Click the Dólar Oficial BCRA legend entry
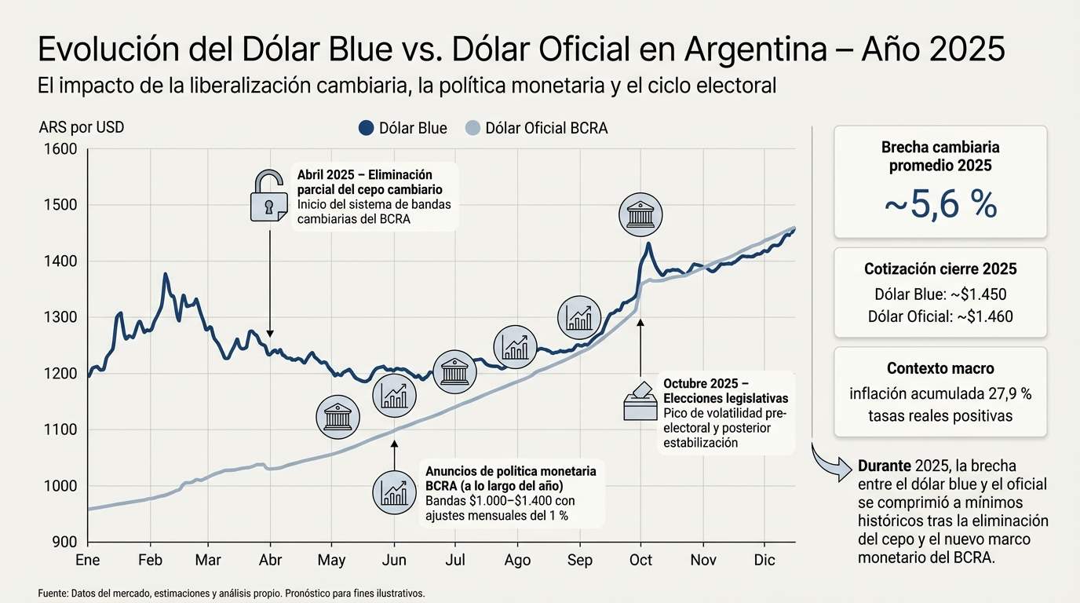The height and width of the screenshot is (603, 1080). (x=536, y=128)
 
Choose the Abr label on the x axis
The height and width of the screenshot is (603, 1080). (x=270, y=560)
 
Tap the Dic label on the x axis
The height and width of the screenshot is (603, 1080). (x=764, y=560)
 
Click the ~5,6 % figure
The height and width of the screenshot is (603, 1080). (x=940, y=205)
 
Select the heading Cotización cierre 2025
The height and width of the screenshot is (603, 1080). (x=940, y=269)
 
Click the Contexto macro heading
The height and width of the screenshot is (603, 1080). (x=940, y=368)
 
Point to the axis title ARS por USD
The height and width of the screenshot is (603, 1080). (x=81, y=128)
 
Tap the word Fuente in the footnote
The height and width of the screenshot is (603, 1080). (x=53, y=594)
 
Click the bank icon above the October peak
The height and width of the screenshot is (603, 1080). (x=640, y=215)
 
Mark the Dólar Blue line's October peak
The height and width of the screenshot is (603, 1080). (x=648, y=243)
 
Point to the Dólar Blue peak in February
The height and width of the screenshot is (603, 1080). (x=165, y=274)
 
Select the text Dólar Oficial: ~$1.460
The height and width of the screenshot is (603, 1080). (x=940, y=317)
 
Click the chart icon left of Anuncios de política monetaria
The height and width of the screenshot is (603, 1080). (x=395, y=492)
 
